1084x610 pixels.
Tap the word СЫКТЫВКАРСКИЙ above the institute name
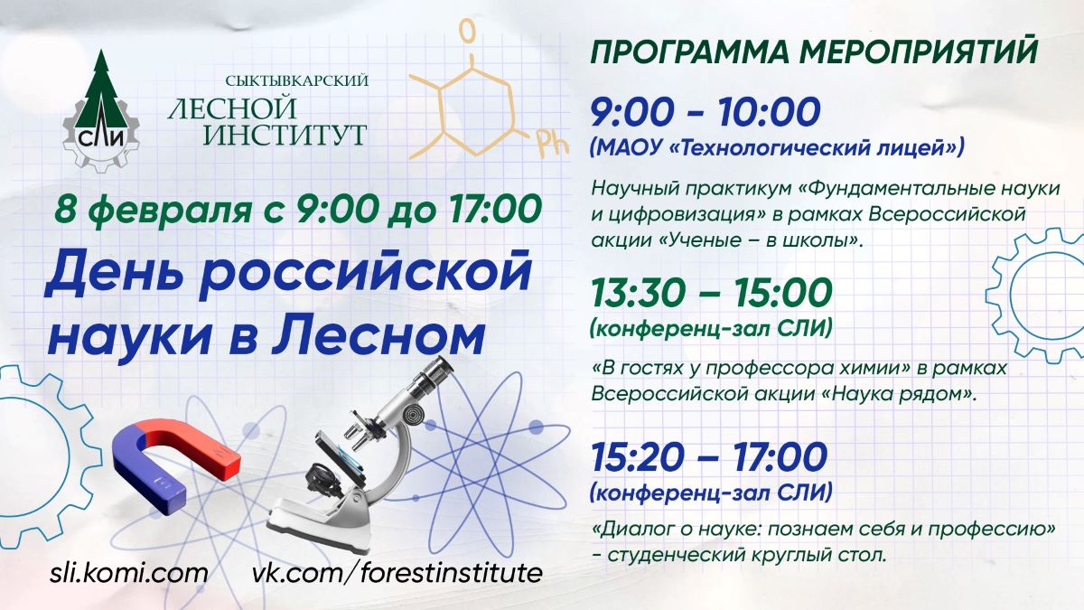click(x=296, y=80)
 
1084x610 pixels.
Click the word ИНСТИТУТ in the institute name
click(x=284, y=135)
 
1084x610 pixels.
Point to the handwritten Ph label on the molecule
click(x=552, y=145)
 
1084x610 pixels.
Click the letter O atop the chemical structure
click(x=467, y=32)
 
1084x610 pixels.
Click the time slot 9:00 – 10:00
click(x=706, y=112)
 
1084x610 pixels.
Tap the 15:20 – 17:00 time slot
click(x=709, y=456)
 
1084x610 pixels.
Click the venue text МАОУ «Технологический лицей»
click(x=777, y=147)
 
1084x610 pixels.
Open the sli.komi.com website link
click(x=128, y=573)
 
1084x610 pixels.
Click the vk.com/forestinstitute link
click(x=397, y=573)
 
